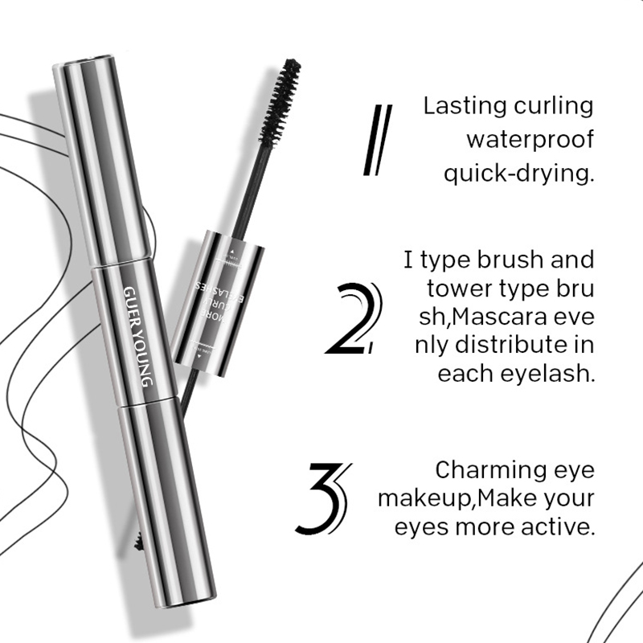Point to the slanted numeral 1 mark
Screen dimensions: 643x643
pyautogui.click(x=375, y=140)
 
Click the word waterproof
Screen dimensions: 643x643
pyautogui.click(x=530, y=140)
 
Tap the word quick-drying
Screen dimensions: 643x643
pyautogui.click(x=518, y=174)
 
